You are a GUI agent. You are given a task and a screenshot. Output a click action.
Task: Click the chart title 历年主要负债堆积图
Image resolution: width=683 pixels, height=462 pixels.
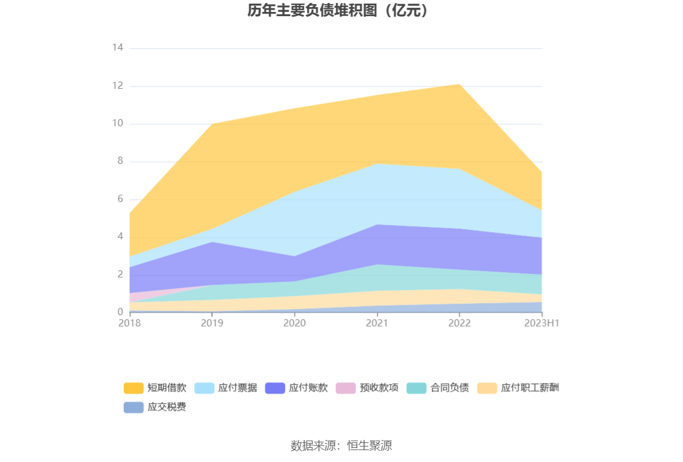pos(338,11)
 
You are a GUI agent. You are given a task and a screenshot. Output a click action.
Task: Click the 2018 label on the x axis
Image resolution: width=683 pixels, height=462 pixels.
pos(130,323)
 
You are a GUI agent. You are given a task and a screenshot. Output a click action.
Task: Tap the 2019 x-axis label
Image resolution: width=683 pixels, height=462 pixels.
pos(212,323)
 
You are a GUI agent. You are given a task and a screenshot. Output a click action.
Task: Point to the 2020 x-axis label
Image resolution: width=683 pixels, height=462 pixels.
pos(294,323)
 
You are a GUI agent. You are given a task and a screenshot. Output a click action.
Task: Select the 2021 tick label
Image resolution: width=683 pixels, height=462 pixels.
pos(377,323)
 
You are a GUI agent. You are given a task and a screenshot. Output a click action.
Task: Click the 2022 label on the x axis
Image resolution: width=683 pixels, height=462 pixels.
pos(459,323)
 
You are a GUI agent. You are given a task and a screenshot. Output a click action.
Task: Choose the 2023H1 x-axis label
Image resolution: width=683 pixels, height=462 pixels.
pos(542,323)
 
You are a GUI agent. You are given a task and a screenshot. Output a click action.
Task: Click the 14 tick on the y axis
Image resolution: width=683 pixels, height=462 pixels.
pos(117,48)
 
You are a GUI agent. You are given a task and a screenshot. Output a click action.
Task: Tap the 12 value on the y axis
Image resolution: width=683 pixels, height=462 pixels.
pos(117,86)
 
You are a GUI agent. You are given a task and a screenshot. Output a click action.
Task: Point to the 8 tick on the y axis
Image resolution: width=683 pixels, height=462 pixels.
pos(120,161)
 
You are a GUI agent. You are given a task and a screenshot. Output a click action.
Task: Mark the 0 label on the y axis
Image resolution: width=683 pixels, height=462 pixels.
pos(120,312)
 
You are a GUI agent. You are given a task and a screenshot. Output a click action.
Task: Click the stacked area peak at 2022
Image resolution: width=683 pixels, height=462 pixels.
pos(459,85)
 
